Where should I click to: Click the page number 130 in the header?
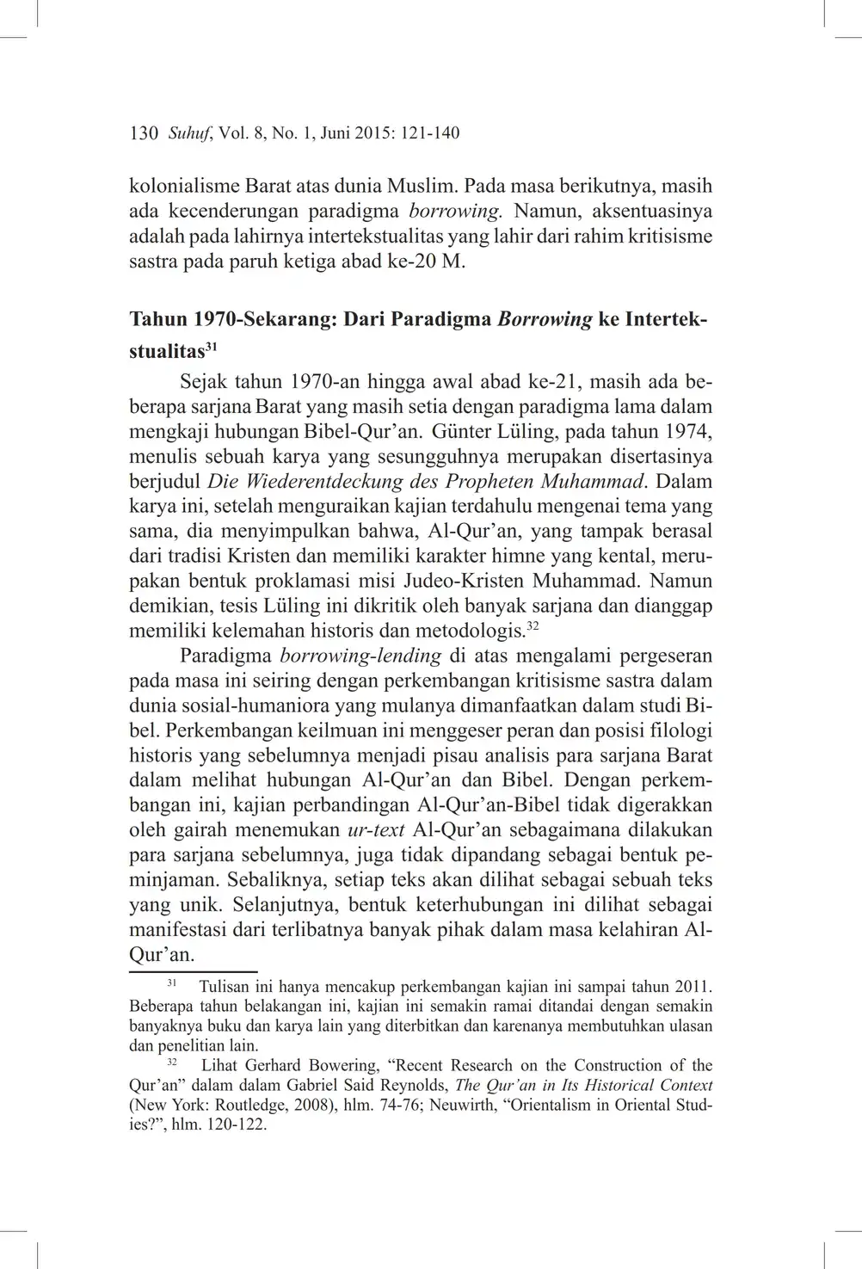coord(144,133)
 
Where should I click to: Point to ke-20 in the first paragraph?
coord(412,261)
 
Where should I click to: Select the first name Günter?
coord(461,431)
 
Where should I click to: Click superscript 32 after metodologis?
coord(533,625)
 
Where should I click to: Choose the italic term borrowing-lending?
coord(361,656)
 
